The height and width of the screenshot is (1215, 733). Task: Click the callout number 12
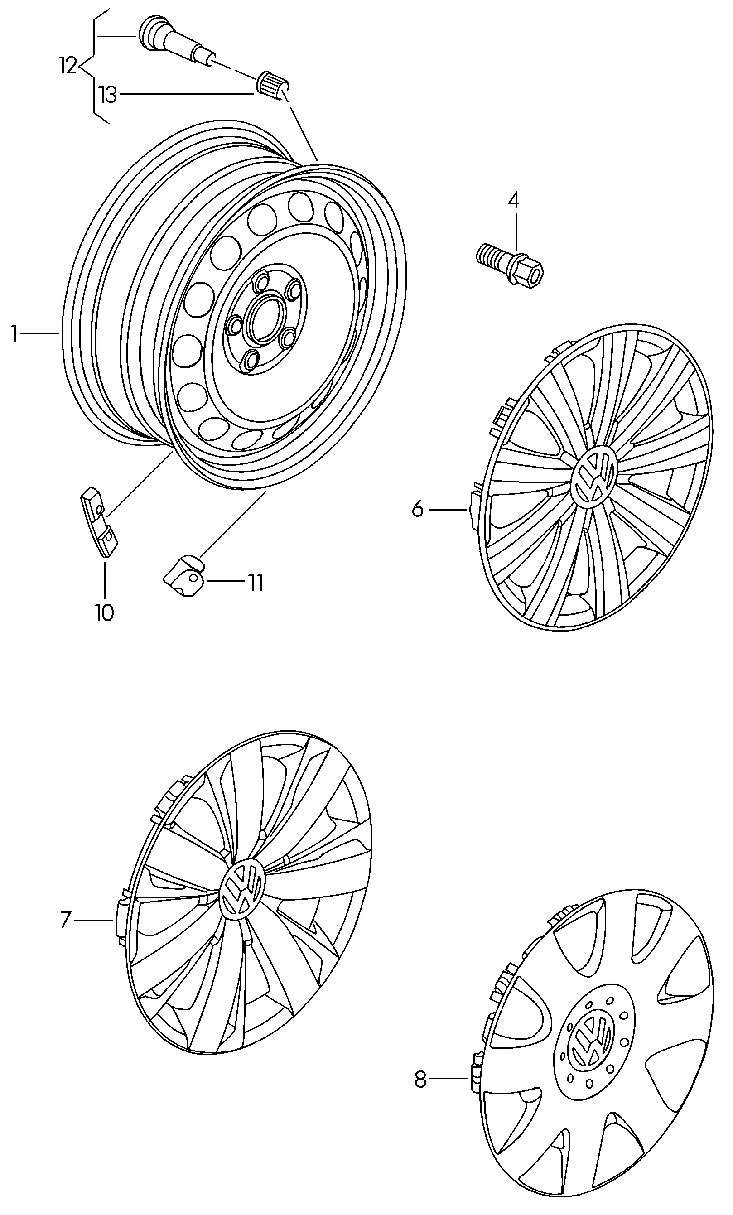[68, 66]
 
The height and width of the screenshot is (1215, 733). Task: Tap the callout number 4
[513, 200]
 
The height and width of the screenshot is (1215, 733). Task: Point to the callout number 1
[15, 334]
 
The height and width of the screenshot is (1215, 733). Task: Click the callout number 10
[105, 613]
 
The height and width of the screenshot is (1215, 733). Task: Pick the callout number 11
[256, 583]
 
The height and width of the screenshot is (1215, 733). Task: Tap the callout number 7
[66, 920]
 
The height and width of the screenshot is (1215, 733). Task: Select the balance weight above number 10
[99, 521]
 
